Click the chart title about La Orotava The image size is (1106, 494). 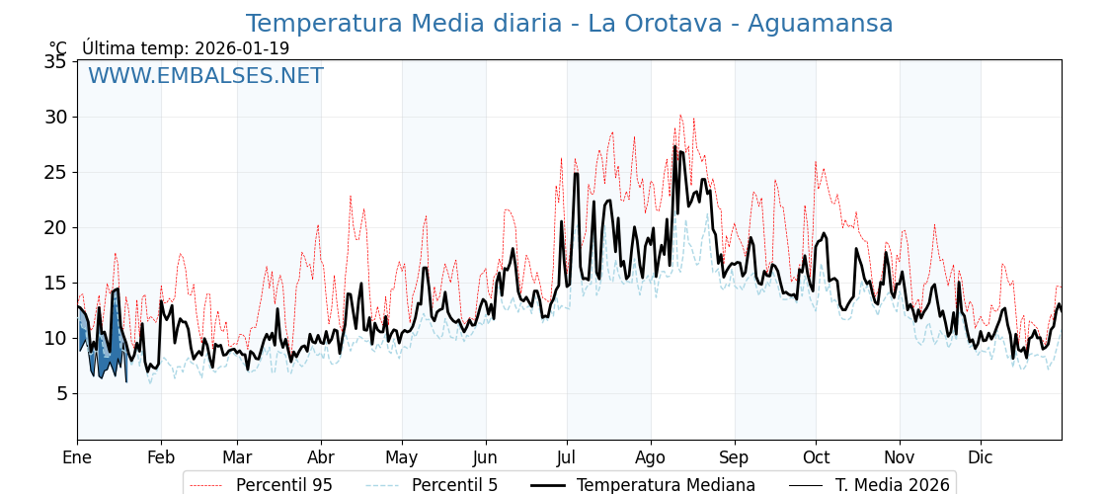[x=569, y=24]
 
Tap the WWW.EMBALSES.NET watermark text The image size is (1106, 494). [x=205, y=76]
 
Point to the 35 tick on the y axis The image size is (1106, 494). [x=55, y=62]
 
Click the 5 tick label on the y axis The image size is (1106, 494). [x=61, y=393]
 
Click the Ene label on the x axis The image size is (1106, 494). [x=77, y=457]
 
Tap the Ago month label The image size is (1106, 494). [x=651, y=457]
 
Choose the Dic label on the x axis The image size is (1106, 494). [x=981, y=457]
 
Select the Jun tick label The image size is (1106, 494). [x=486, y=457]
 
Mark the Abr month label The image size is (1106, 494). [x=321, y=457]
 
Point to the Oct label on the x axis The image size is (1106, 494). [x=816, y=457]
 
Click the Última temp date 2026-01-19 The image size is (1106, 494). [x=242, y=48]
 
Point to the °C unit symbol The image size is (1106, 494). [x=58, y=48]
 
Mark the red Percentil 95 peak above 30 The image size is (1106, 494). [x=679, y=117]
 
